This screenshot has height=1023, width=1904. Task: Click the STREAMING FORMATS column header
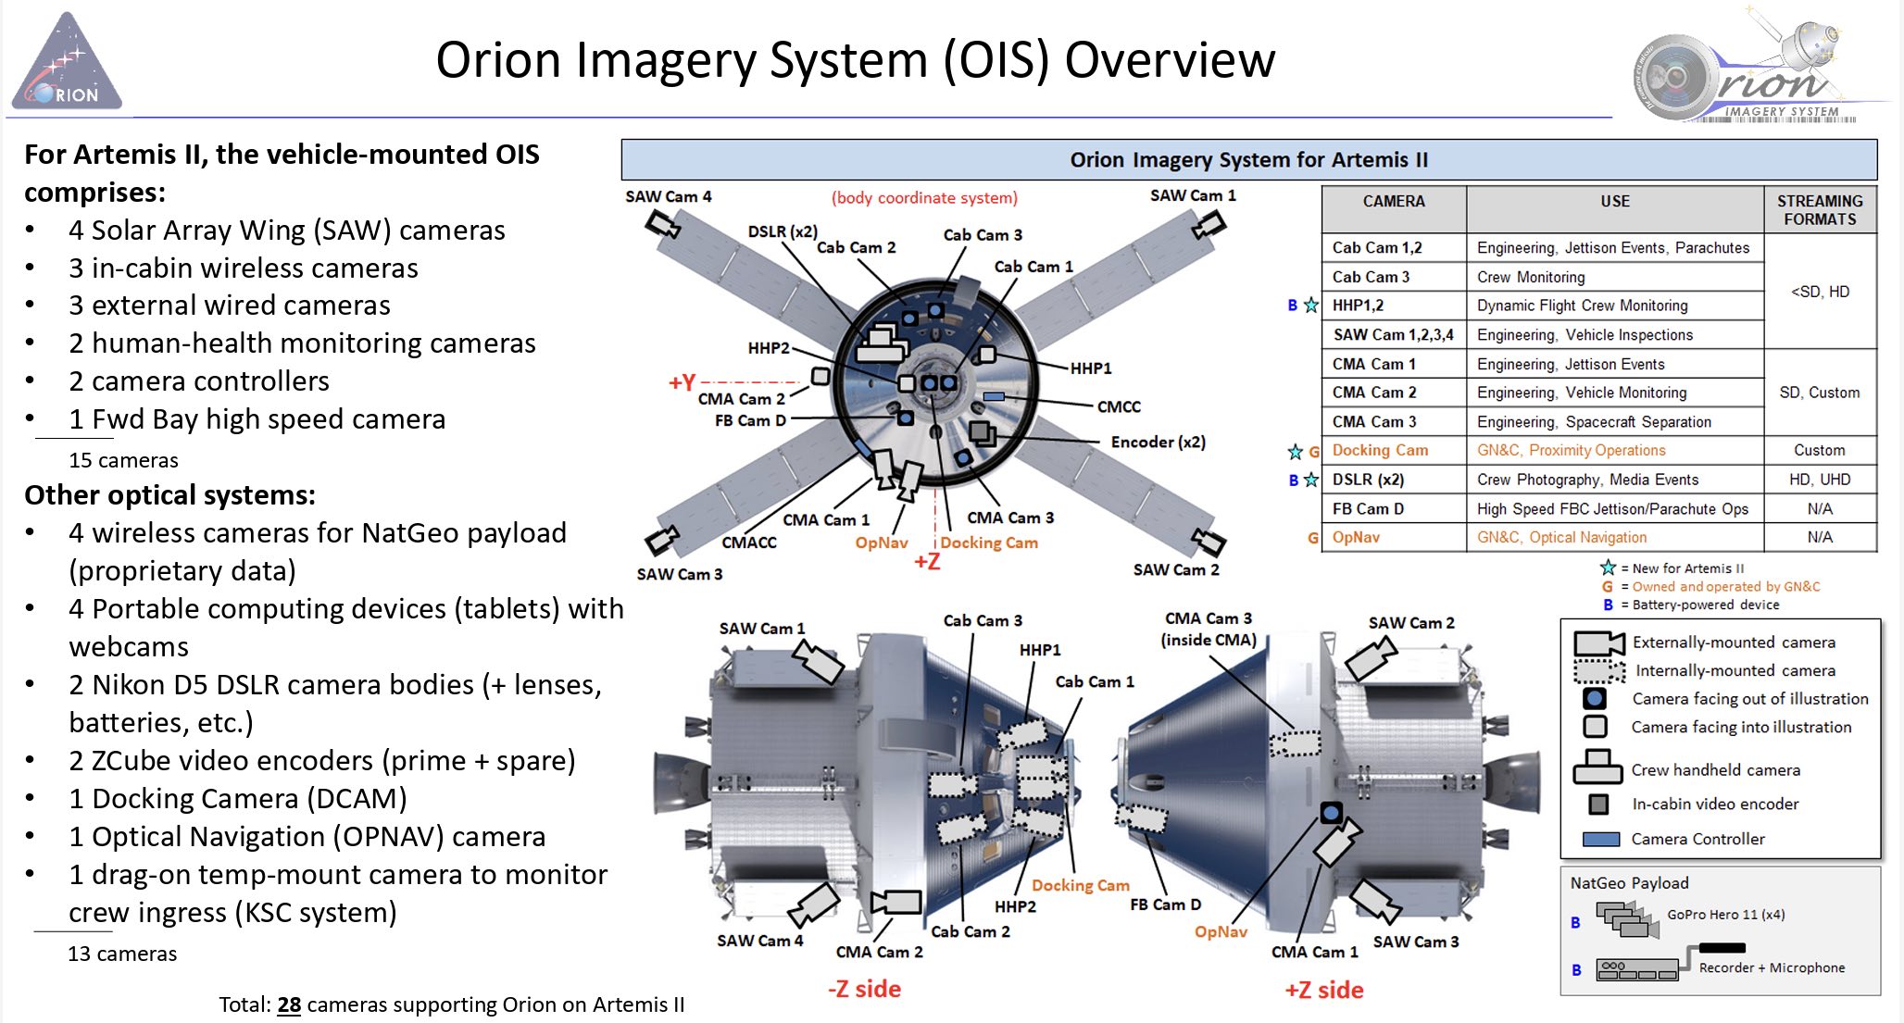coord(1819,210)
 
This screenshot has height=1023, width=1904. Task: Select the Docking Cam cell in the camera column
coord(1380,451)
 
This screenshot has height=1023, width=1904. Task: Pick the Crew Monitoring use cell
coord(1531,277)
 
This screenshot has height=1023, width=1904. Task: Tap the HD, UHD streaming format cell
coord(1819,480)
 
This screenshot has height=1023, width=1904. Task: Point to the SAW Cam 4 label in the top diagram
coord(668,196)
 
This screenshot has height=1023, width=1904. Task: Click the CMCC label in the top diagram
coord(1119,406)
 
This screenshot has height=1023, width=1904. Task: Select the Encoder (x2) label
coord(1158,443)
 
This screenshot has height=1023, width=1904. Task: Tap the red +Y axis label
coord(682,382)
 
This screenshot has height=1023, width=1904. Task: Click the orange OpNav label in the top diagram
coord(881,543)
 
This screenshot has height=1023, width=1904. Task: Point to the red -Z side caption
coord(864,989)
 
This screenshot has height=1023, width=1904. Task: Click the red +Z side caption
coord(1323,990)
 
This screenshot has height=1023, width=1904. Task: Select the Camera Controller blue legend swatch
coord(1600,840)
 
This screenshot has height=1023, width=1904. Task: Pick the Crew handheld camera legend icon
coord(1597,767)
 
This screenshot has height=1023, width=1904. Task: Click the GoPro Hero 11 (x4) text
coord(1725,915)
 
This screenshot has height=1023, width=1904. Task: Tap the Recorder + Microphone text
coord(1771,967)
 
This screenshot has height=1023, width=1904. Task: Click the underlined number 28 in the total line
coord(289,1005)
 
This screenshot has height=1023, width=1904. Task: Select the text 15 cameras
coord(123,460)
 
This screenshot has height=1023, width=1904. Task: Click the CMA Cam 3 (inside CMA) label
coord(1208,629)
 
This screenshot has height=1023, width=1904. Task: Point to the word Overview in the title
coord(1170,60)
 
